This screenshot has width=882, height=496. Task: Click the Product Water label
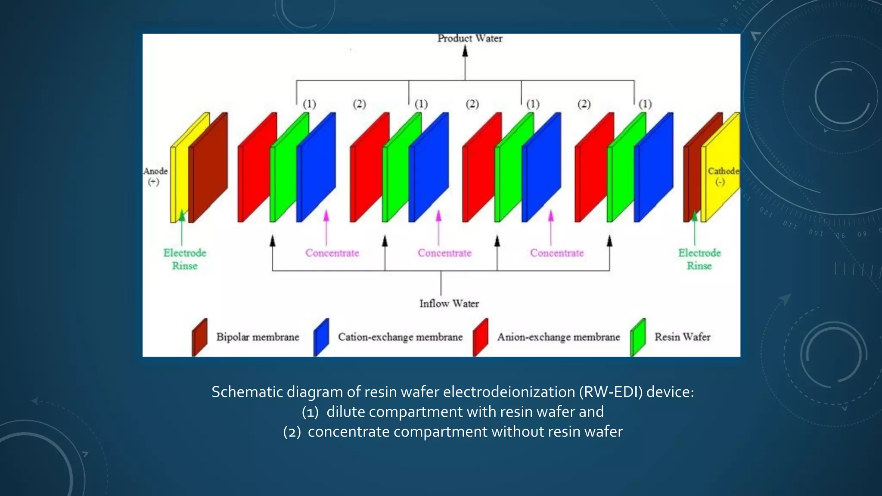pyautogui.click(x=470, y=38)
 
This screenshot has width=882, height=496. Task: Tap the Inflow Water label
pyautogui.click(x=449, y=304)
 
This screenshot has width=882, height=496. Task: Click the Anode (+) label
pyautogui.click(x=155, y=176)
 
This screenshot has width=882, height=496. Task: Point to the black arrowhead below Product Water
pyautogui.click(x=465, y=51)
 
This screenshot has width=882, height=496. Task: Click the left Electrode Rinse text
pyautogui.click(x=185, y=259)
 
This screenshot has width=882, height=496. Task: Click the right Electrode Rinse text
pyautogui.click(x=699, y=259)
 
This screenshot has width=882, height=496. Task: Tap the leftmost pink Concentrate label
pyautogui.click(x=332, y=253)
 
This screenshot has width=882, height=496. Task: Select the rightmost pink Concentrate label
pyautogui.click(x=557, y=253)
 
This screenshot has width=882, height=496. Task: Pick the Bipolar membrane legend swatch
pyautogui.click(x=199, y=337)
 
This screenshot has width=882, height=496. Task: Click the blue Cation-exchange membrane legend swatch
pyautogui.click(x=321, y=337)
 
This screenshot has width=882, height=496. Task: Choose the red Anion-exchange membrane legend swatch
pyautogui.click(x=480, y=337)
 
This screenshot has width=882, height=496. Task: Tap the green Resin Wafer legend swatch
pyautogui.click(x=638, y=337)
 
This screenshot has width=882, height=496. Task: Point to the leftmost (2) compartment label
pyautogui.click(x=359, y=104)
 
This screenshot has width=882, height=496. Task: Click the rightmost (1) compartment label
pyautogui.click(x=645, y=104)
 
